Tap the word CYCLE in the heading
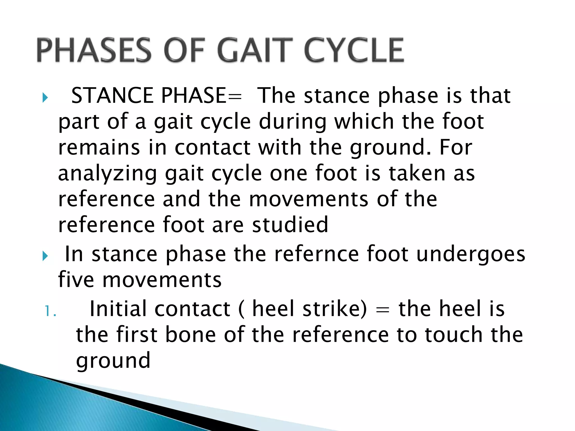(354, 50)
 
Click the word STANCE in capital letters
(112, 96)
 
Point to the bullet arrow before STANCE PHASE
(45, 98)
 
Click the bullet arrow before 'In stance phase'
(45, 256)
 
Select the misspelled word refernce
(316, 254)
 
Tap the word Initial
(118, 309)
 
